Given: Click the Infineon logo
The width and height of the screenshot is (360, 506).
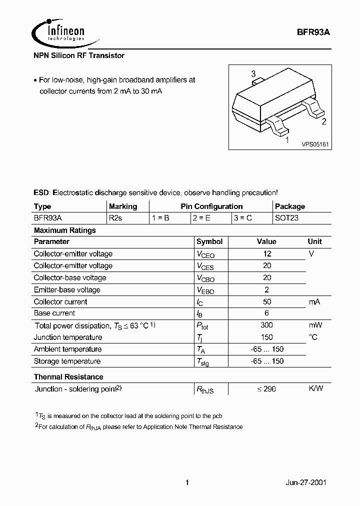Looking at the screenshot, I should (58, 32).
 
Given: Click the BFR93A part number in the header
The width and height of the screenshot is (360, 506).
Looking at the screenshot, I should (313, 31).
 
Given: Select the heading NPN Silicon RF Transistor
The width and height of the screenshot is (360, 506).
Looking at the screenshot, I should (79, 55).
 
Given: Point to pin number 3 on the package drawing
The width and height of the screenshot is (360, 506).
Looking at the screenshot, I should (253, 74).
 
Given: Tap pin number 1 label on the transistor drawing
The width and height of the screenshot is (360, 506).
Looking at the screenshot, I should (287, 140).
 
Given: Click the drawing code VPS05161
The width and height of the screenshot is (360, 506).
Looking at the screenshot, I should (314, 144).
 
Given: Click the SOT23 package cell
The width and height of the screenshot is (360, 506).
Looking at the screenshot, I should (286, 218).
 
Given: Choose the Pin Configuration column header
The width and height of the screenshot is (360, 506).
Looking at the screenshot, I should (211, 206).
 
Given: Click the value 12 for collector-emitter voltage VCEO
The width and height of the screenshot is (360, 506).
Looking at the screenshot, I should (266, 254).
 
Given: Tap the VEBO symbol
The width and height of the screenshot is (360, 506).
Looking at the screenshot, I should (205, 290).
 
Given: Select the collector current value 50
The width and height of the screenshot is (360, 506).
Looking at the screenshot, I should (266, 302).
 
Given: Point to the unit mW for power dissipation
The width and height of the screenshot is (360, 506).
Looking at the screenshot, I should (314, 325).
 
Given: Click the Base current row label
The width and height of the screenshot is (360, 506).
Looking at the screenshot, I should (54, 313).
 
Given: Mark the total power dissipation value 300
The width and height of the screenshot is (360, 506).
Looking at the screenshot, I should (266, 325).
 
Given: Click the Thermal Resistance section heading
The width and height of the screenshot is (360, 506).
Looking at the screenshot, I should (68, 377).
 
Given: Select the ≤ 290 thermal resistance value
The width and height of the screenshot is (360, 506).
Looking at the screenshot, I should (266, 389).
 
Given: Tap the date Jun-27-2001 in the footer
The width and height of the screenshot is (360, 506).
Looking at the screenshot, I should (306, 483).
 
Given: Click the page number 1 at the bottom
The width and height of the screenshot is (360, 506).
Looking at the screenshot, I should (187, 483).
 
